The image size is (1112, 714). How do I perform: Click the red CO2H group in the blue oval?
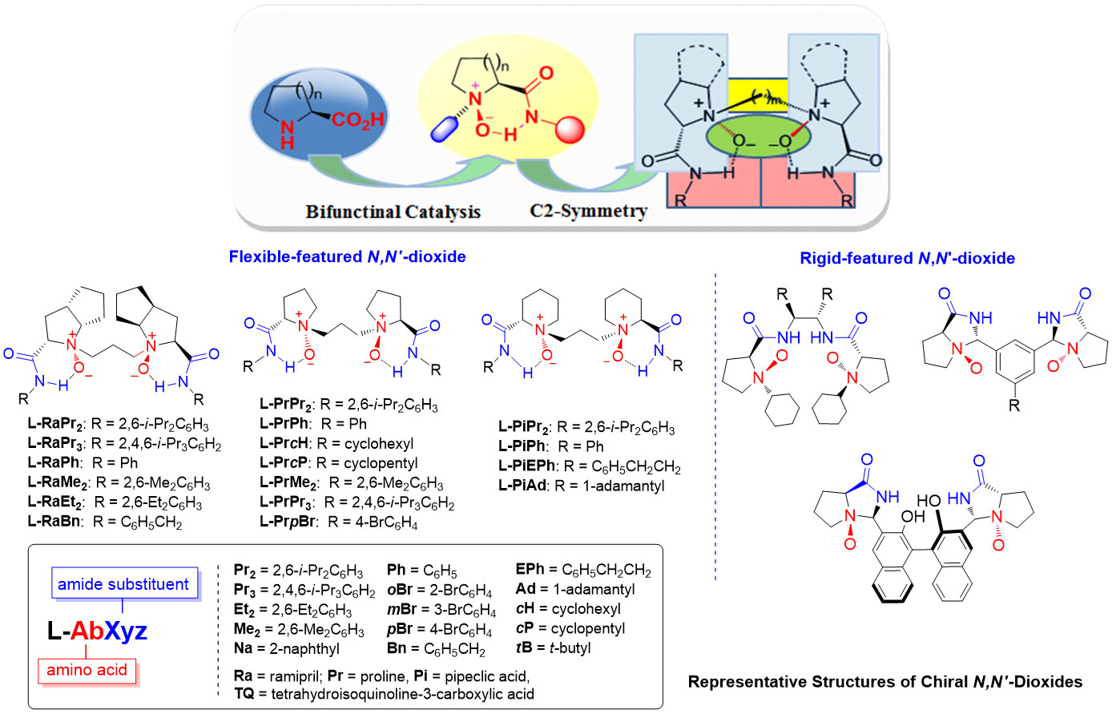coord(357,120)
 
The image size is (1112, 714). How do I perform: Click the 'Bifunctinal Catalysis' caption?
coord(393,212)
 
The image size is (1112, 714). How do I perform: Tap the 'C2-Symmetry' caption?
coord(588,211)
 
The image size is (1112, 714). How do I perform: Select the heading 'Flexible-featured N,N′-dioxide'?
coord(347,256)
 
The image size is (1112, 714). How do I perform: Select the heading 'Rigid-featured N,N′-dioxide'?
coord(907,258)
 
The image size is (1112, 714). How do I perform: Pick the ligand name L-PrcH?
coord(284,444)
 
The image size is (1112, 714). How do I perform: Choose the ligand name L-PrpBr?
coord(288,522)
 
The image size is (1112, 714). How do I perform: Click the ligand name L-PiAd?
coord(522,486)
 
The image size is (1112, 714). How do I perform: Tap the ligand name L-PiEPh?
coord(527,466)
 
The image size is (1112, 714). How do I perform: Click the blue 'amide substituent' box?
coord(123,584)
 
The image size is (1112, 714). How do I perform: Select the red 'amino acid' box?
coord(87,670)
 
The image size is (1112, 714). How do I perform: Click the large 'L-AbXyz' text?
coord(97,631)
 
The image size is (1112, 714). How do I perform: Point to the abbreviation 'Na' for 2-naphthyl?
coord(243,648)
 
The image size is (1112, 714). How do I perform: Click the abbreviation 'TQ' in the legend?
coord(244,693)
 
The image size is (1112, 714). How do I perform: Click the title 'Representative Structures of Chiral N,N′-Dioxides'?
coord(884,682)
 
